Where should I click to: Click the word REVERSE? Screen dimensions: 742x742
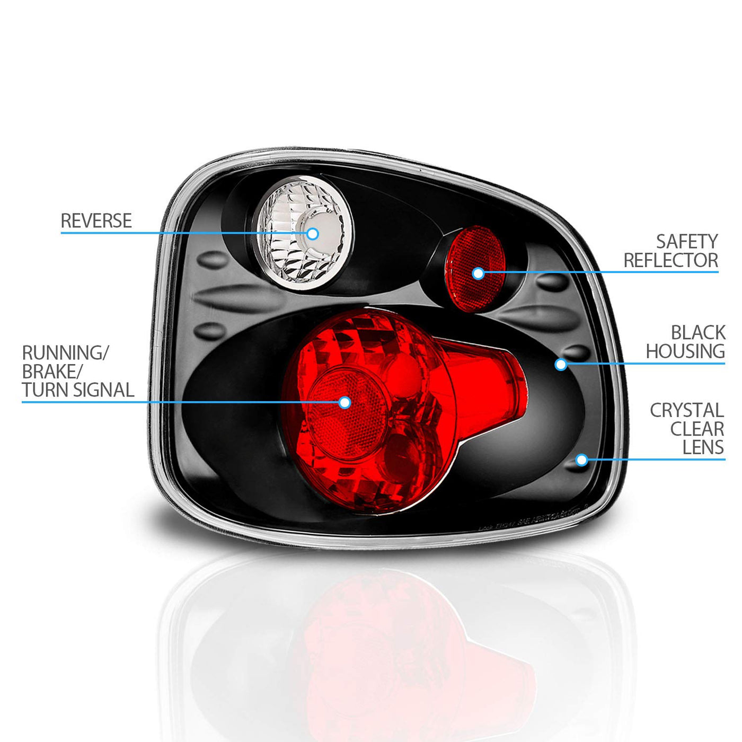click(96, 220)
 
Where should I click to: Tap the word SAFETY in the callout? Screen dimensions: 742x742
click(686, 242)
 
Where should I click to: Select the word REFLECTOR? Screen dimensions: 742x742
click(670, 260)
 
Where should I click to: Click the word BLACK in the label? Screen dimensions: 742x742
click(697, 333)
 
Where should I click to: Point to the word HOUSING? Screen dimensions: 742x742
click(685, 351)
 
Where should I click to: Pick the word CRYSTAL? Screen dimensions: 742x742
click(686, 410)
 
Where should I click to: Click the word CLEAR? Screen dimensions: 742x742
click(697, 429)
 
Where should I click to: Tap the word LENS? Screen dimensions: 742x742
click(703, 447)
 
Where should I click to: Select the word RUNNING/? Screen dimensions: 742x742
click(65, 352)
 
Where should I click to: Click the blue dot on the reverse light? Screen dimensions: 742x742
click(313, 233)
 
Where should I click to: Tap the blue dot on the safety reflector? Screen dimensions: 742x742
click(478, 273)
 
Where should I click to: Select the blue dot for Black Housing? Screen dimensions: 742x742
click(561, 364)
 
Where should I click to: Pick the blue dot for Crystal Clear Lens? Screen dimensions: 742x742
click(581, 460)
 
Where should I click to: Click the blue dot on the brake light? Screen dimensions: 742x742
click(344, 402)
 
